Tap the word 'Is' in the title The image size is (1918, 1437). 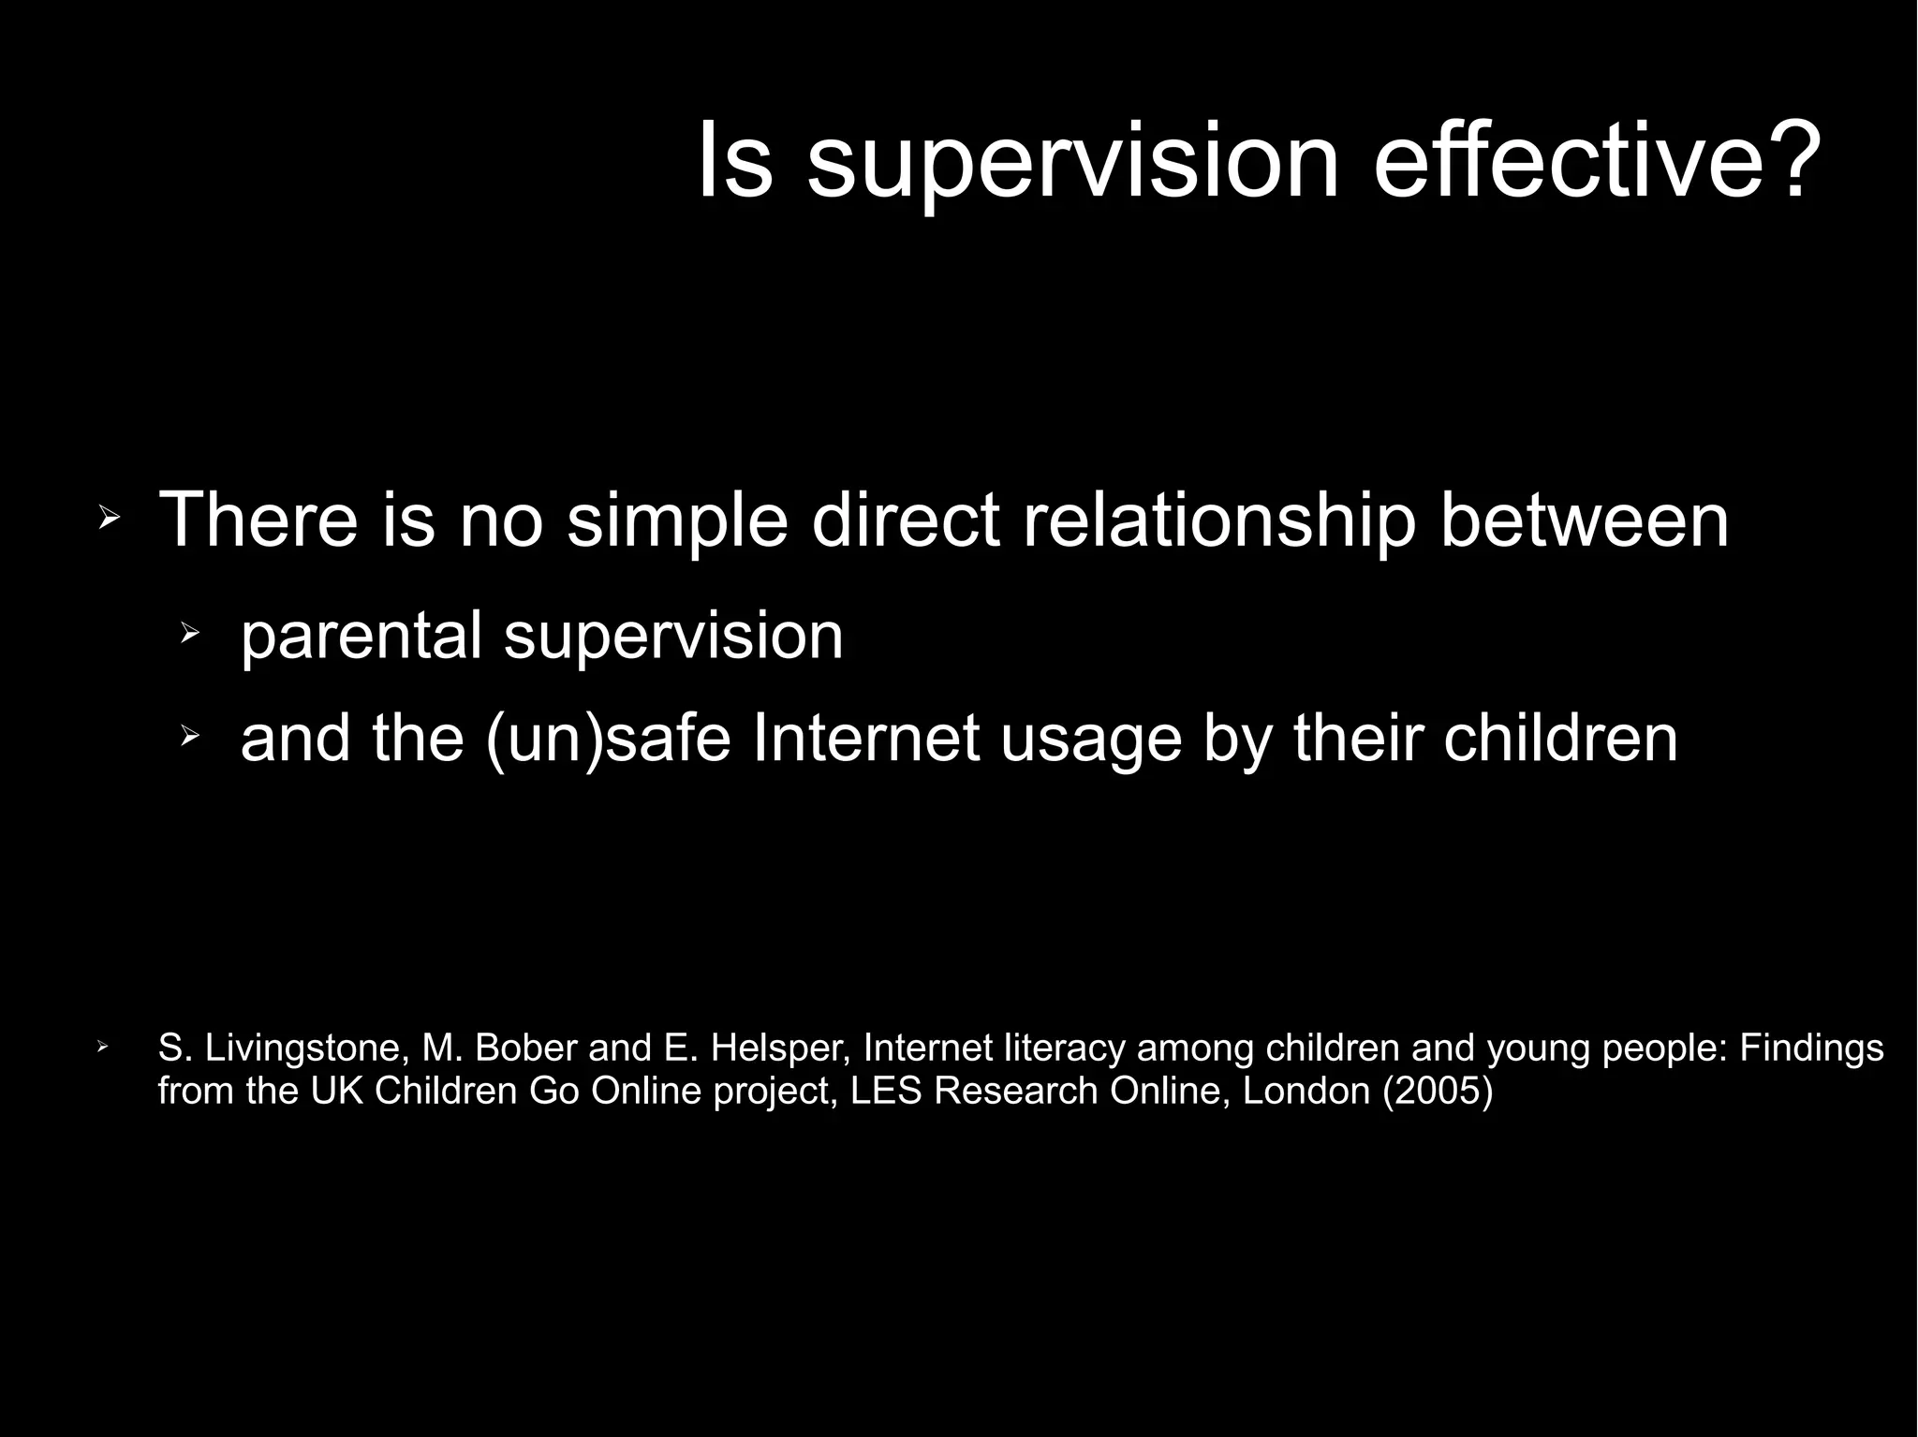tap(735, 161)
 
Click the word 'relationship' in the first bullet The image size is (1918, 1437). tap(1218, 520)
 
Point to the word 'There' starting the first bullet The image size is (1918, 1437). tap(258, 520)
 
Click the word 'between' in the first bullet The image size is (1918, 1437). tap(1584, 520)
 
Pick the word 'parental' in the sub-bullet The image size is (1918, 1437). tap(361, 636)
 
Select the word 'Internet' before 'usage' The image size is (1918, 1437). tap(866, 738)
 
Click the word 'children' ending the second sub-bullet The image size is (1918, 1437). tap(1560, 738)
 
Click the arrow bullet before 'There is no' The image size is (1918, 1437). tap(110, 518)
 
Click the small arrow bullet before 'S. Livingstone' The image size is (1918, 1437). tap(103, 1046)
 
